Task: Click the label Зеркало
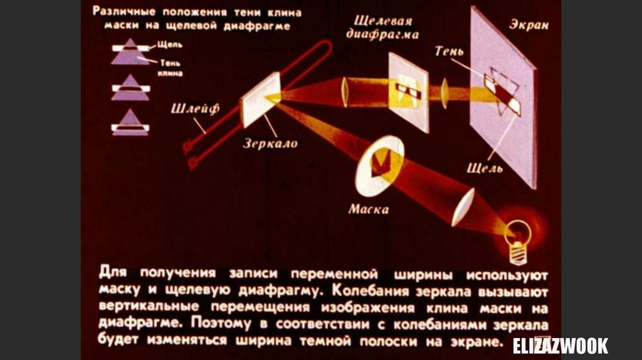click(x=270, y=144)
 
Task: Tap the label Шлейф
click(x=194, y=109)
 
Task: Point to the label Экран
click(x=529, y=25)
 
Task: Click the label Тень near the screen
click(x=449, y=51)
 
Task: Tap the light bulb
click(x=518, y=236)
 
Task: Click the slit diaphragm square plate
click(x=408, y=92)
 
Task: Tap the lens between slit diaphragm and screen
click(x=445, y=92)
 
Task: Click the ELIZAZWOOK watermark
click(x=560, y=346)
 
